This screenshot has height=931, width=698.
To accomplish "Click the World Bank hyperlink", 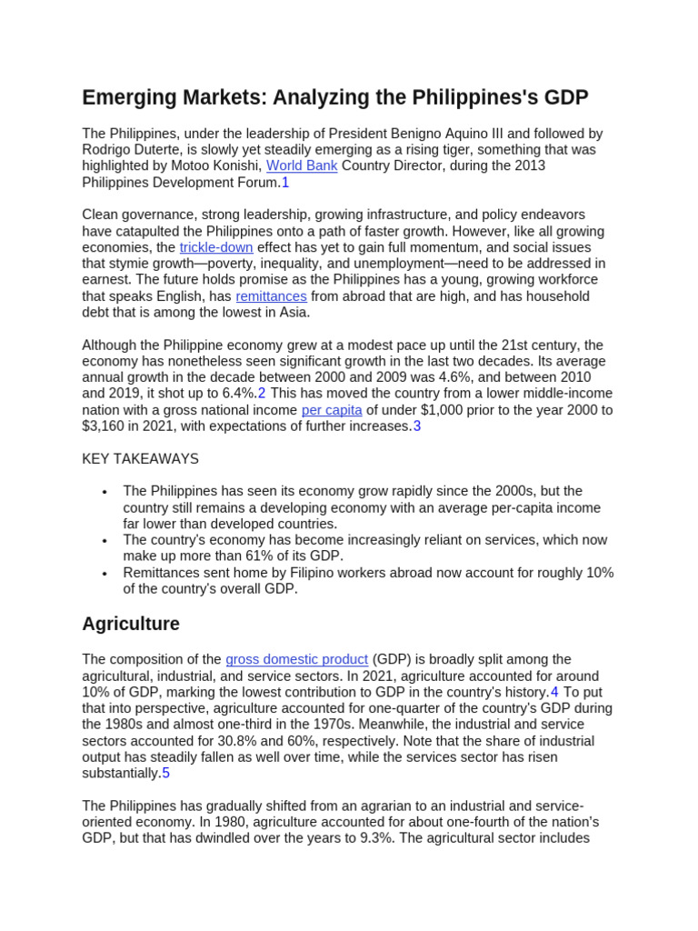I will pyautogui.click(x=301, y=166).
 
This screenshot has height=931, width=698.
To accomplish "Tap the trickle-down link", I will pyautogui.click(x=216, y=247).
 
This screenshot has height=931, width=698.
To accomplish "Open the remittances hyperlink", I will pyautogui.click(x=271, y=296).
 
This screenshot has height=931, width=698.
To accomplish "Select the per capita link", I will pyautogui.click(x=332, y=410).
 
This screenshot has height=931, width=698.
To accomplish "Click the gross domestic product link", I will pyautogui.click(x=296, y=659).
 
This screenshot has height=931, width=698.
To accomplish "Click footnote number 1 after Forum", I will pyautogui.click(x=285, y=183).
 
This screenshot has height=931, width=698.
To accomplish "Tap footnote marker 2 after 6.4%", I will pyautogui.click(x=262, y=394).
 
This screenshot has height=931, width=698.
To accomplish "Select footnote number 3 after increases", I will pyautogui.click(x=417, y=426).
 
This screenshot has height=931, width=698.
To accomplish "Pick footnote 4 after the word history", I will pyautogui.click(x=554, y=692).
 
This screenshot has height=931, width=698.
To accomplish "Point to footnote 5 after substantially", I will pyautogui.click(x=165, y=774).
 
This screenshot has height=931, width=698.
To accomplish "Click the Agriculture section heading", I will pyautogui.click(x=130, y=624).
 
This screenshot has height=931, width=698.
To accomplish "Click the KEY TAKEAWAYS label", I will pyautogui.click(x=140, y=459).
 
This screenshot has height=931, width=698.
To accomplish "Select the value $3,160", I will pyautogui.click(x=105, y=426).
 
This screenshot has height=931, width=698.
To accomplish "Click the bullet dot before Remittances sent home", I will pyautogui.click(x=105, y=574).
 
